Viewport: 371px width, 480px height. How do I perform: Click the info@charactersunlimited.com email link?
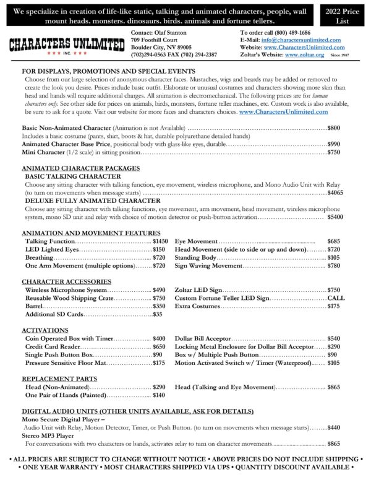(x=309, y=39)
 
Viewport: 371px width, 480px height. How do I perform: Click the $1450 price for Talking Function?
(x=160, y=241)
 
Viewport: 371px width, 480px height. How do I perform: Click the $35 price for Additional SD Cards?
(x=157, y=314)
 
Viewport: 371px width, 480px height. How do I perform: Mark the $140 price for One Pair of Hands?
(x=159, y=395)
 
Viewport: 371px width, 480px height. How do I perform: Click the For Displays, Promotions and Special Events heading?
(x=108, y=72)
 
